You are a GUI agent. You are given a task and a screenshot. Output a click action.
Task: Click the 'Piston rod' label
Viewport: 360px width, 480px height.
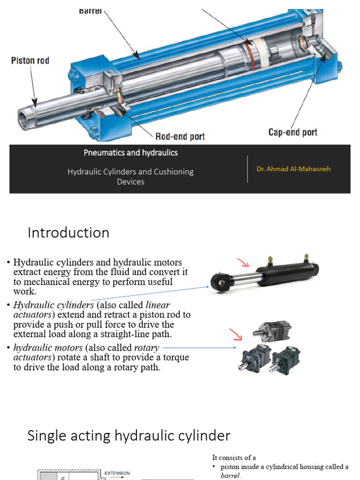coord(30,61)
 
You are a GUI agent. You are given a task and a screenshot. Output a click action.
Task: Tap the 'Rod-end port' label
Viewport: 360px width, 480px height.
coord(180,136)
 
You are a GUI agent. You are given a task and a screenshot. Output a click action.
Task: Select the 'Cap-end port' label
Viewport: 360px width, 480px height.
coord(292,132)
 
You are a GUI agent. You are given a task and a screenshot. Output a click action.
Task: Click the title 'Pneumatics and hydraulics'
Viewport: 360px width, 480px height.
coord(130,153)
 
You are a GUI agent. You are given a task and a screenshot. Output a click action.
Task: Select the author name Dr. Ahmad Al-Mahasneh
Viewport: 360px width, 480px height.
coord(293,169)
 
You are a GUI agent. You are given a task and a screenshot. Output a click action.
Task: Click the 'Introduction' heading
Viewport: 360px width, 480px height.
coord(68,233)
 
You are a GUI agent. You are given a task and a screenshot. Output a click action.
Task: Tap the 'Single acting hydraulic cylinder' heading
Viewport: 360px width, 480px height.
coord(129,436)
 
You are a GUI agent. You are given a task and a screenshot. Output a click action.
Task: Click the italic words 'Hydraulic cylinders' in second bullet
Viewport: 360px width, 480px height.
coord(53,305)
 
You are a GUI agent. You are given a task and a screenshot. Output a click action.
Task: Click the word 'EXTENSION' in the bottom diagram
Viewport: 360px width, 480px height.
coord(117,473)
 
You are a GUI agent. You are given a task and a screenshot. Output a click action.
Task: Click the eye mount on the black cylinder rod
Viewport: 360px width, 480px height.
coord(219,283)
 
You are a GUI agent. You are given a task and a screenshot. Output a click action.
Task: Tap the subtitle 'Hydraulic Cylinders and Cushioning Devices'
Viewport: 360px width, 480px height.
coord(130,176)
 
